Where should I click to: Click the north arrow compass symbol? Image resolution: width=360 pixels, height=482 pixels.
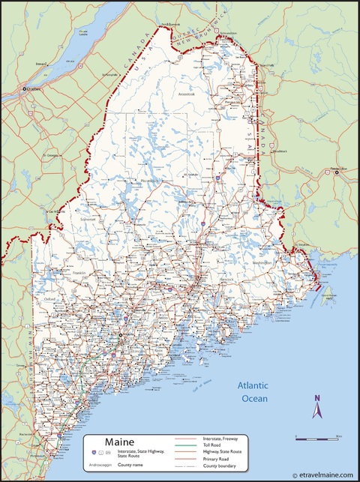pos(317,408)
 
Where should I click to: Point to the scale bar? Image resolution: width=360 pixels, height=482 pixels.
pos(318,437)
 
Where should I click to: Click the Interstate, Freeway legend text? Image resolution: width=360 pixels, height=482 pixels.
pos(222,438)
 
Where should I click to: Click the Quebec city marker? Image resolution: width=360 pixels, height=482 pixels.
pos(25,90)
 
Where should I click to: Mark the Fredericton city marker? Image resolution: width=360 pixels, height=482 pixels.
pos(337,172)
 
